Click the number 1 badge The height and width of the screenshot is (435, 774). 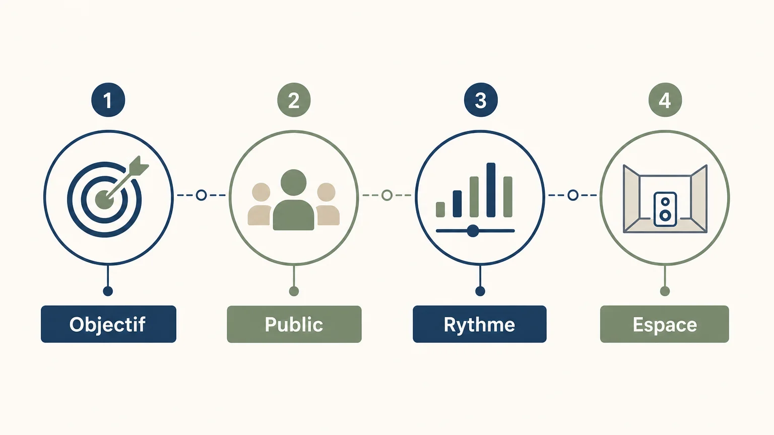pos(108,100)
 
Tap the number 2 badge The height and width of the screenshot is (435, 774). pos(294,100)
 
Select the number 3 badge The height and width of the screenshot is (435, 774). pos(481,100)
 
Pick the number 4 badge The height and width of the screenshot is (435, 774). pos(665,100)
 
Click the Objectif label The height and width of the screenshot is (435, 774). pos(108,324)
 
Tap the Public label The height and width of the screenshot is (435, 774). pos(294,324)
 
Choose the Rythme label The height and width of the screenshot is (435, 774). pos(480,324)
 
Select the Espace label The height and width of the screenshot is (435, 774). pos(665,324)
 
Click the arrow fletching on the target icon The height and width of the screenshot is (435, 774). pos(139,165)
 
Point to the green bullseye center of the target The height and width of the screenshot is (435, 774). pos(104,199)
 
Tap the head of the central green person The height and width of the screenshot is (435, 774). pos(293,182)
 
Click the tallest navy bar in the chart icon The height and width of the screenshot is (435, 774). pos(491,190)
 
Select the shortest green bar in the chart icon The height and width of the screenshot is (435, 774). pos(440,209)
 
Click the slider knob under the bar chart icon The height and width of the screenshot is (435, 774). pos(473,231)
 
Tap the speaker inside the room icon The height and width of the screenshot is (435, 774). pos(665,209)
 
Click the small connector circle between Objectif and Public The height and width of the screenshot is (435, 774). pos(201,195)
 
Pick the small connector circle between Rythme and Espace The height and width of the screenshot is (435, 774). pos(573,195)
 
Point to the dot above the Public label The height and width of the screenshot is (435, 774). pos(294,291)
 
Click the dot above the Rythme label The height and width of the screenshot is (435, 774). pos(480,291)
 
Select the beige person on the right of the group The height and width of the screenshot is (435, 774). pos(327,204)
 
